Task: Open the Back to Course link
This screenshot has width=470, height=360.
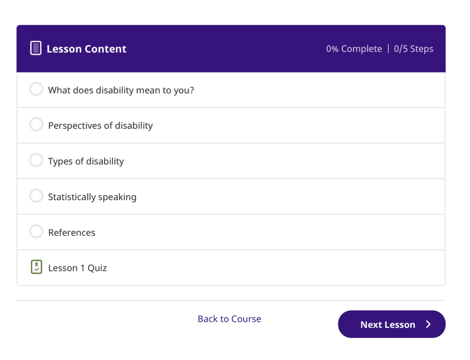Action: [229, 319]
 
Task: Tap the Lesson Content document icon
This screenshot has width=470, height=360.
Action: [36, 48]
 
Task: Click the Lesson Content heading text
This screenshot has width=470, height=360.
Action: [86, 49]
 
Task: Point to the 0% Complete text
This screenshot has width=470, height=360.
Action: [354, 49]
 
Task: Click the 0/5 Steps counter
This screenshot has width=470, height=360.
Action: [414, 49]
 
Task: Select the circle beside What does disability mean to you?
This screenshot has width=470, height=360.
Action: [36, 89]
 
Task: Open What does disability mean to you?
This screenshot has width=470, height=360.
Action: [121, 90]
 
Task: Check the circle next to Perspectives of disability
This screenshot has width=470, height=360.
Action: [36, 124]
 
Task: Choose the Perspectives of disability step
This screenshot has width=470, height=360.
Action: [100, 125]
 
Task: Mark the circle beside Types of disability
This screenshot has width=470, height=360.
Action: [36, 160]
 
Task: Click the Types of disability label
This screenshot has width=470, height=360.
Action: [86, 161]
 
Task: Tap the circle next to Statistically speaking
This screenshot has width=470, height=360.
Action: [36, 196]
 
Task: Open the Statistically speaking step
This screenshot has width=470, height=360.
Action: [92, 197]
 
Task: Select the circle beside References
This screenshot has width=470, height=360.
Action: [36, 231]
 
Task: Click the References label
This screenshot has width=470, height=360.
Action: [72, 232]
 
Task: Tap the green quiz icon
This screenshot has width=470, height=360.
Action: [36, 267]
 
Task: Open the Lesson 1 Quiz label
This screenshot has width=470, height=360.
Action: [77, 268]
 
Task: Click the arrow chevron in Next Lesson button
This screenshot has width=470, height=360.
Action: [428, 324]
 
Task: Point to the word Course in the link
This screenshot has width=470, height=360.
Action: [246, 319]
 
